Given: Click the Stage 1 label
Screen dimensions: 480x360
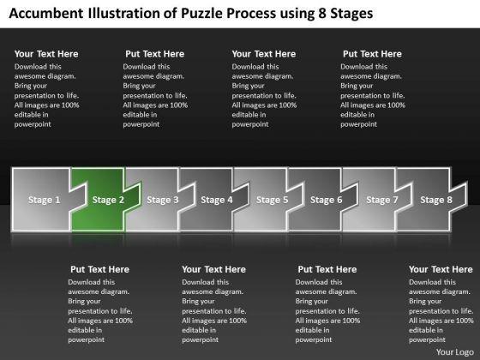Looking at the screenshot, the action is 44,200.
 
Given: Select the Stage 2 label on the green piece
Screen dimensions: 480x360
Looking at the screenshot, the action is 108,200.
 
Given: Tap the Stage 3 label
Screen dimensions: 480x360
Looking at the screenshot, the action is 163,200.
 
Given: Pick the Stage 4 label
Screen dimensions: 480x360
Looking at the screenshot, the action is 217,200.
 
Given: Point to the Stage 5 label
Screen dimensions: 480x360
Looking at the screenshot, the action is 273,200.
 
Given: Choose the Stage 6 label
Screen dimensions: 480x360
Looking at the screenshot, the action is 326,200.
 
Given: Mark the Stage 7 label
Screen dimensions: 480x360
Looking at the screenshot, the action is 382,200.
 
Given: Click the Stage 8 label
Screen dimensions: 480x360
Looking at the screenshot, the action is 436,200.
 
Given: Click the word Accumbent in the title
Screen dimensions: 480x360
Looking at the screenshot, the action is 46,13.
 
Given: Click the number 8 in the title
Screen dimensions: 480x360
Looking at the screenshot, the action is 322,13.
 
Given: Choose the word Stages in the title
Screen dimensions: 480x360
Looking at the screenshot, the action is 351,14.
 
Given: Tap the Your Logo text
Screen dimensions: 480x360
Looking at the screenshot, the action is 454,352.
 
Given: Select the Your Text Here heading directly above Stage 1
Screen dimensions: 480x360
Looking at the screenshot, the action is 46,54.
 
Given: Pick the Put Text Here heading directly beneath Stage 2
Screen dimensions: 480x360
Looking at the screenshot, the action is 99,269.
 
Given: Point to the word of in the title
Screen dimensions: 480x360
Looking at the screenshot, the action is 171,13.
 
